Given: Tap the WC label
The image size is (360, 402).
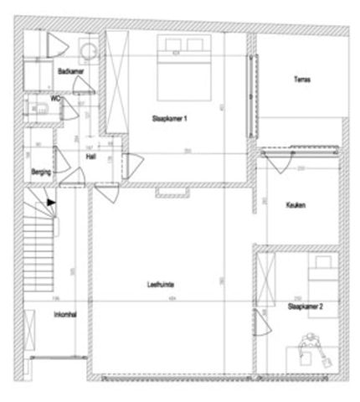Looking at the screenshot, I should pyautogui.click(x=56, y=98).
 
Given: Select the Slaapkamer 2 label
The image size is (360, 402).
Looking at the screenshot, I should pyautogui.click(x=306, y=308).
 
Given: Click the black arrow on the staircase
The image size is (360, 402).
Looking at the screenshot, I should pyautogui.click(x=52, y=201).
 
